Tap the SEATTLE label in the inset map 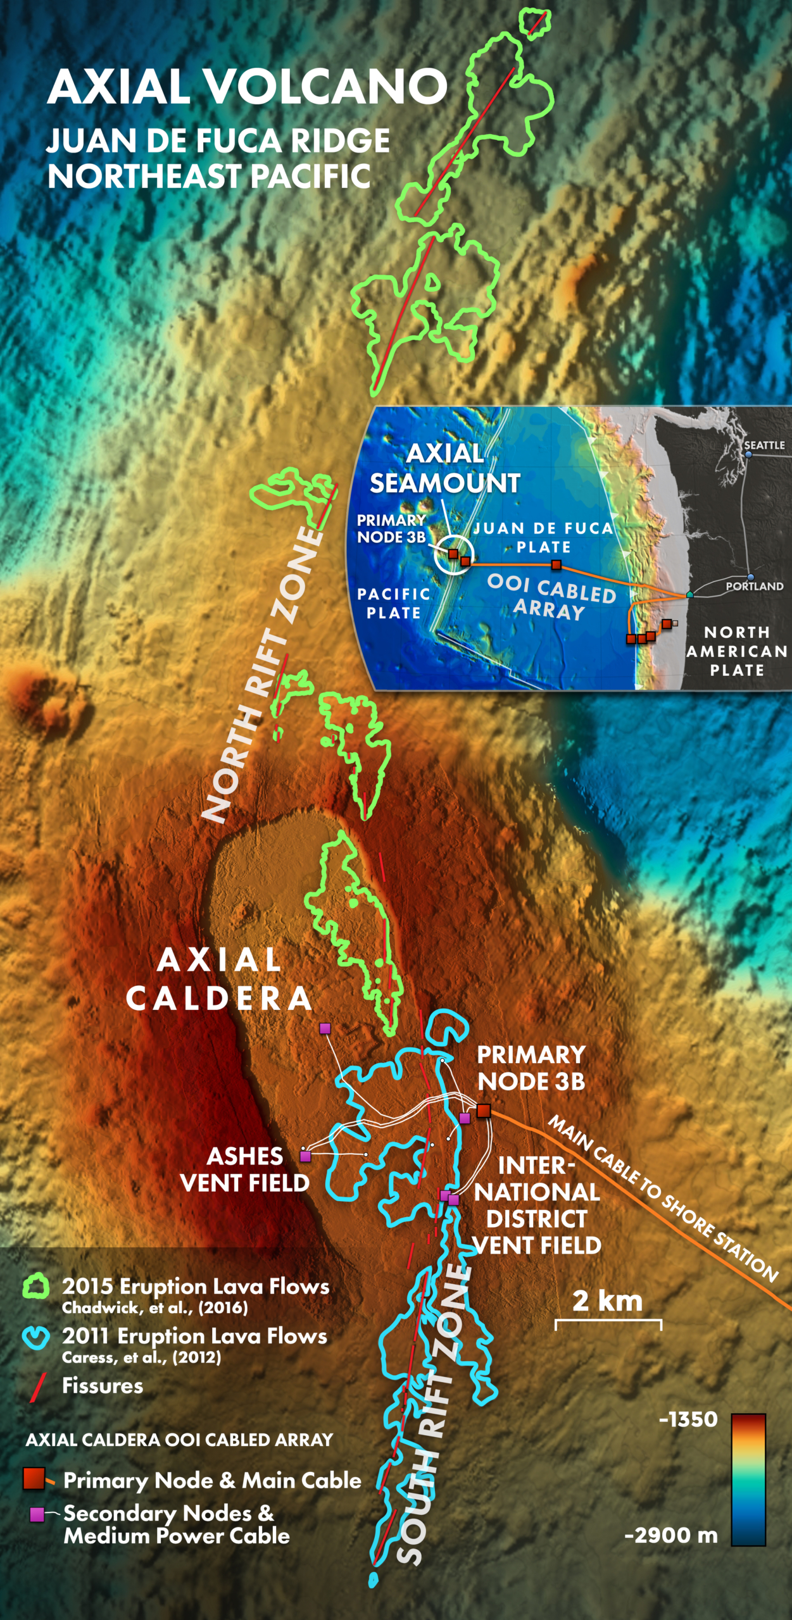pos(764,445)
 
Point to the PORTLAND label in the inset pos(755,587)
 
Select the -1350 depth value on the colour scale pos(688,1419)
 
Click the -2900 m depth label pos(671,1535)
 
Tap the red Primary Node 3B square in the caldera pos(484,1111)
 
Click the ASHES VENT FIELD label pos(245,1169)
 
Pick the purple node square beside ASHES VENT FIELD pos(305,1156)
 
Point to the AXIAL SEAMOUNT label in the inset pos(445,468)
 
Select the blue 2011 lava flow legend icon pos(35,1337)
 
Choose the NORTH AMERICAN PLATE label pos(737,651)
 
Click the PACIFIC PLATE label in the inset pos(394,604)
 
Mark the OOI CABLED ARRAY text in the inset pos(551,598)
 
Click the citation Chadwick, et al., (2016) pos(154,1308)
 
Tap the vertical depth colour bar pos(748,1480)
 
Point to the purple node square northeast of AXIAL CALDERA pos(325,1028)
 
